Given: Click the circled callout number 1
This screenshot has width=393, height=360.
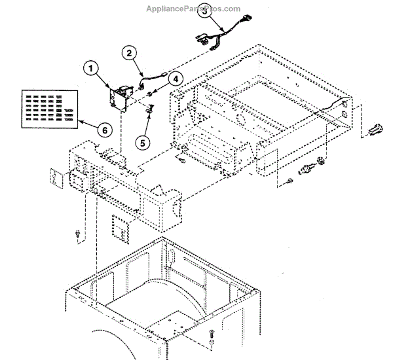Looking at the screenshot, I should click(91, 67).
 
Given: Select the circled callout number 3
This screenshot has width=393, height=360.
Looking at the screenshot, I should click(205, 10).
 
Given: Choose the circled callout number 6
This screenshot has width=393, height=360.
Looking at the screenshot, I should click(103, 129).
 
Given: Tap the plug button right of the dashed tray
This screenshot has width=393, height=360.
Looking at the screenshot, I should click(376, 131).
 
